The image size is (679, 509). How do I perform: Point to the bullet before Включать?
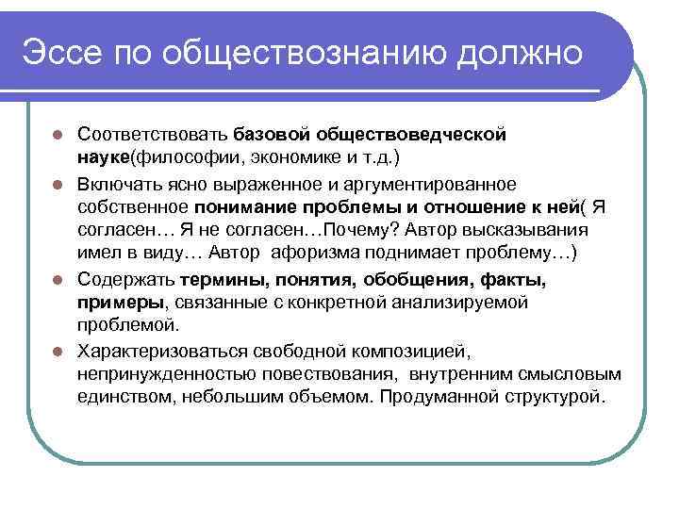[x=58, y=183]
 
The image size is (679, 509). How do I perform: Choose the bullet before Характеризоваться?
[x=58, y=353]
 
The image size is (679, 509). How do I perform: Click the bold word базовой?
[x=272, y=135]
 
